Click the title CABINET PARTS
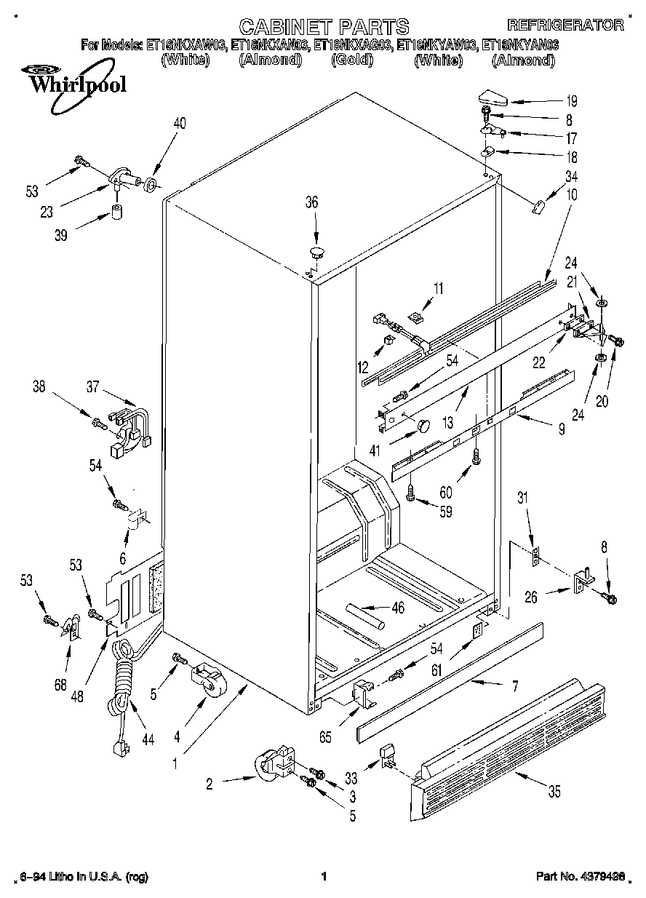pos(324,27)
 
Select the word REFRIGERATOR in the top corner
pos(565,25)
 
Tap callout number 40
pos(179,124)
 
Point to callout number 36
pos(311,203)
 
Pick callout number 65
pos(325,737)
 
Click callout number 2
pos(209,784)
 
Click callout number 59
pos(445,512)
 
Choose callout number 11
pos(437,290)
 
